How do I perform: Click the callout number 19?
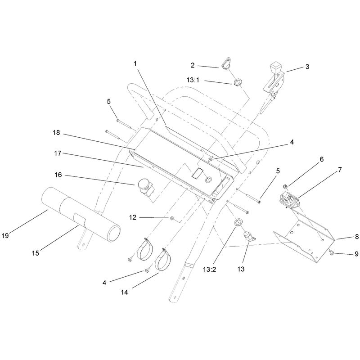click(x=5, y=235)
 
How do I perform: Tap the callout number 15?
click(x=36, y=253)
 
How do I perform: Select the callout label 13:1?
click(x=193, y=80)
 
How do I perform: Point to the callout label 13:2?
click(x=210, y=269)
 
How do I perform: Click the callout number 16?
click(x=58, y=175)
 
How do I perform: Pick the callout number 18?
click(x=56, y=132)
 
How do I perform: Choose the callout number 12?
click(x=133, y=217)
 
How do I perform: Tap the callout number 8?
click(x=356, y=237)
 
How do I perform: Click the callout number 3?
click(x=307, y=67)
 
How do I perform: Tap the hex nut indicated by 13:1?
click(x=237, y=83)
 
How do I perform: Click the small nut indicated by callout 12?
click(x=171, y=218)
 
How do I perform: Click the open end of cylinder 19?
click(x=114, y=233)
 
